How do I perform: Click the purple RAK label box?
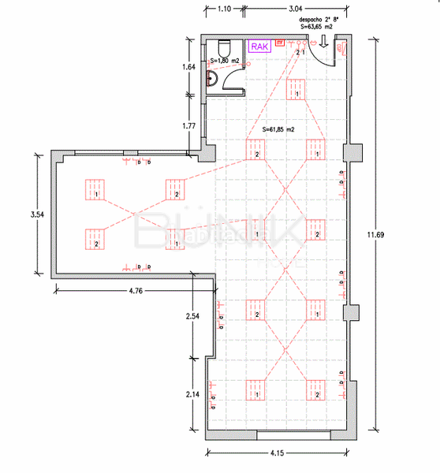(x=259, y=47)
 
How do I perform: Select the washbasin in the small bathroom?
(x=211, y=77)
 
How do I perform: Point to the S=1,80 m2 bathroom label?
(x=226, y=60)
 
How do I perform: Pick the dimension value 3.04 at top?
(x=293, y=8)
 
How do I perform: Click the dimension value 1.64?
(x=188, y=68)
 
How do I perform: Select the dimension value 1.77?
(x=188, y=125)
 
